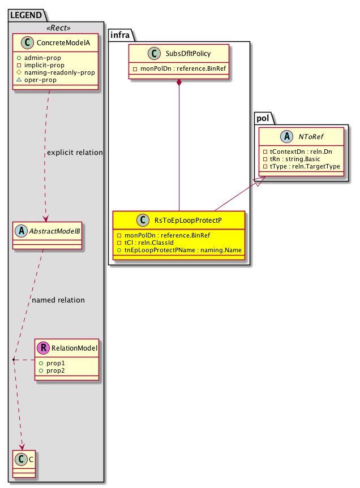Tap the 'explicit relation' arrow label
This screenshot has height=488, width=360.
pyautogui.click(x=75, y=153)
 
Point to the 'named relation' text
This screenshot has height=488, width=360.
pyautogui.click(x=59, y=300)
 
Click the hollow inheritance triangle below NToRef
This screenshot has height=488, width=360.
pyautogui.click(x=258, y=182)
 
